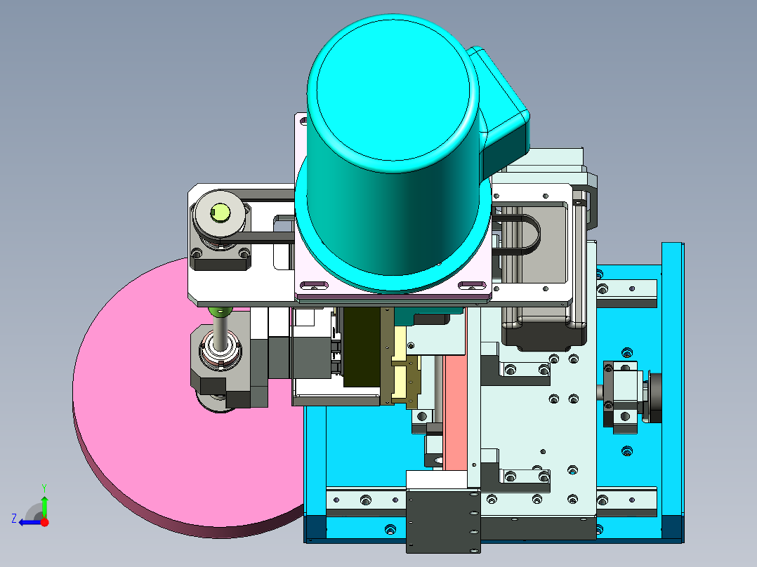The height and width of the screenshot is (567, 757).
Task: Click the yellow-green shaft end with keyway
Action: [220, 212]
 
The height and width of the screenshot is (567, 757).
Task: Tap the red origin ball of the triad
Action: [44, 522]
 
